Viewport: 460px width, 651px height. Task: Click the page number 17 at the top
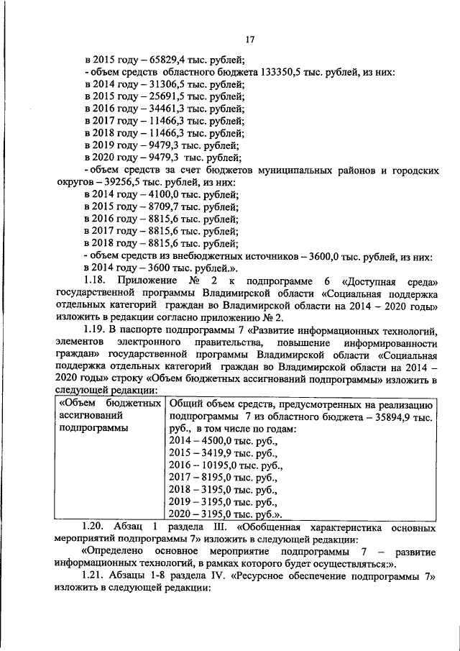250,40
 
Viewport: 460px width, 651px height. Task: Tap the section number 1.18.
96,280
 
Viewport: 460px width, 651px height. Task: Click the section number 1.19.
96,330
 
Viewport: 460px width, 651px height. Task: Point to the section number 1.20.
96,527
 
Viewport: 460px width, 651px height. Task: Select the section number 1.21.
96,577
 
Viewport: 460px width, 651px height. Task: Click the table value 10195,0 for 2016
213,465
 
